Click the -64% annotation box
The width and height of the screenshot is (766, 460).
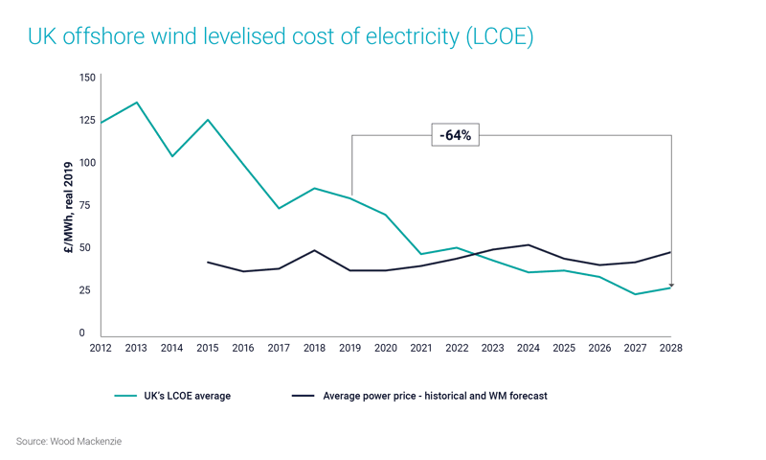455,135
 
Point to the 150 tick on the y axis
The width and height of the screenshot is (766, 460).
87,78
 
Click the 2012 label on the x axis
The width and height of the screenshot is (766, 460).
101,349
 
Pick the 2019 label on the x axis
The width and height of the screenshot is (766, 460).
350,349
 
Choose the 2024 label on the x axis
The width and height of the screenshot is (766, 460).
529,349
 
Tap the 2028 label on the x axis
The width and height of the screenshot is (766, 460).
671,349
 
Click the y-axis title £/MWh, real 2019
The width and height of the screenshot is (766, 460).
68,206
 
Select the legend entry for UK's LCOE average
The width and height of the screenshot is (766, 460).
172,396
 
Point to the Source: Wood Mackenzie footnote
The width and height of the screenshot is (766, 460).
69,441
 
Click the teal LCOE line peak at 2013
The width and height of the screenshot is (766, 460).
136,103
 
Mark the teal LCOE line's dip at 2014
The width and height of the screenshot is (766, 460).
171,156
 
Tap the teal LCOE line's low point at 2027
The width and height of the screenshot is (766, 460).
636,294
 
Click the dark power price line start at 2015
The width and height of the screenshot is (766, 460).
208,262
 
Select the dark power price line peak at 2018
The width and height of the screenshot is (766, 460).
315,250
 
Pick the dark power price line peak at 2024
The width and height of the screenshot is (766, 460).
529,244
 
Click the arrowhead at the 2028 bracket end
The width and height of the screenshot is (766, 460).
671,285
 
